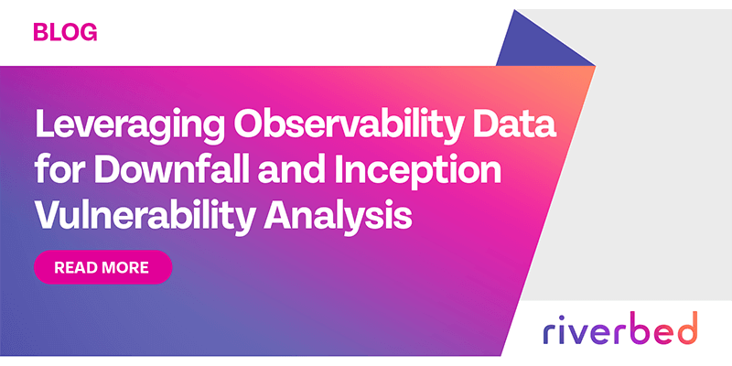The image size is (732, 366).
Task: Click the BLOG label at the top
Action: (x=64, y=33)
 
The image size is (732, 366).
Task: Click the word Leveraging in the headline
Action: (x=113, y=124)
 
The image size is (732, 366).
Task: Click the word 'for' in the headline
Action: (x=57, y=169)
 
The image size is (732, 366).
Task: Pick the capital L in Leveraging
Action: (x=42, y=124)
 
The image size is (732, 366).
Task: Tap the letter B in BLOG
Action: (x=40, y=33)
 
